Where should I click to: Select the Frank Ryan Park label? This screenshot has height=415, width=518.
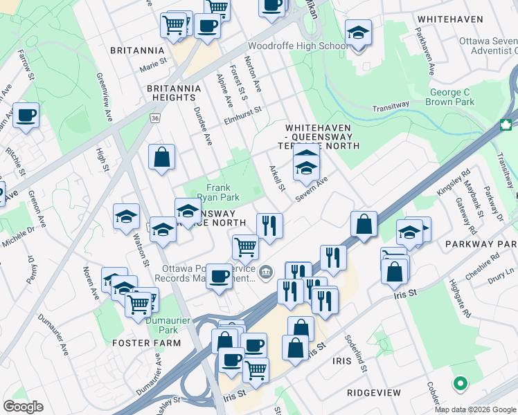pos(218,192)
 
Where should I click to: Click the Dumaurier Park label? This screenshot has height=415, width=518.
pos(162,325)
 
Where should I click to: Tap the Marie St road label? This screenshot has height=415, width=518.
pos(154,67)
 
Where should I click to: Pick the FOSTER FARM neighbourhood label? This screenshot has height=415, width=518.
pos(141,342)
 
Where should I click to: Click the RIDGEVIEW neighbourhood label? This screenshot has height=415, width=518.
pos(374,392)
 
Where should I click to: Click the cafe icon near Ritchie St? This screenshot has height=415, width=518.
pos(26,116)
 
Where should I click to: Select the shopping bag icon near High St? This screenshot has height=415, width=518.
pos(161,156)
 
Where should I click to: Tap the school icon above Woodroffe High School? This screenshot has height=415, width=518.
pos(358,33)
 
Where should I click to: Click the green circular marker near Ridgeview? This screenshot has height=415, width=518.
pos(459,383)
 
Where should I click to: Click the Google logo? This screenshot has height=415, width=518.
pos(23,407)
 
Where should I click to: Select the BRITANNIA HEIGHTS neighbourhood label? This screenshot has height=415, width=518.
pos(174,93)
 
